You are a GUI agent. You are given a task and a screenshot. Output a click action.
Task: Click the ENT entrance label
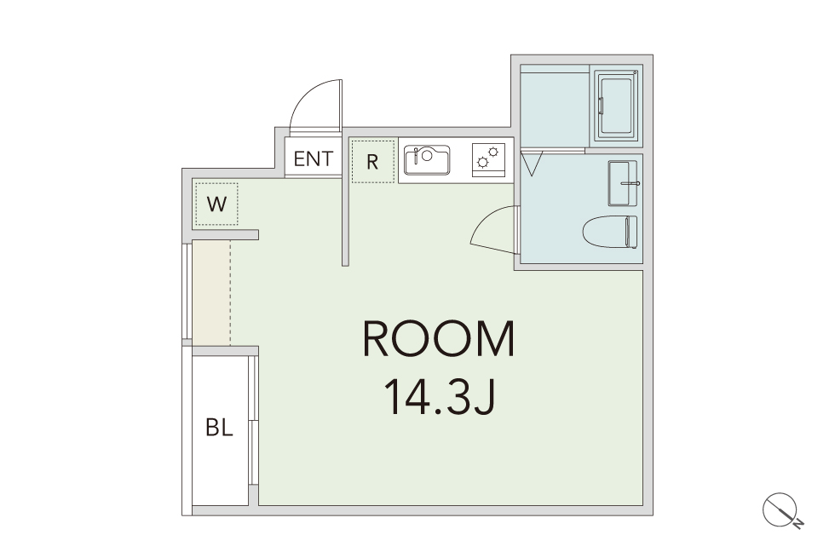(314, 158)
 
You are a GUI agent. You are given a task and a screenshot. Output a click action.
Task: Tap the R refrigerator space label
(372, 162)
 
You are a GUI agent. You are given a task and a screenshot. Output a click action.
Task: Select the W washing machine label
(216, 204)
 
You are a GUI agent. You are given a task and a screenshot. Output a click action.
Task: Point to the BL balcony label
(220, 427)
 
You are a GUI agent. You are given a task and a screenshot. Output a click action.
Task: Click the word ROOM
(439, 339)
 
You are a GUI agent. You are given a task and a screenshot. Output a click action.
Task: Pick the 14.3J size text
(440, 397)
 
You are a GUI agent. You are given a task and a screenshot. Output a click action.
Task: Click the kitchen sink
(427, 160)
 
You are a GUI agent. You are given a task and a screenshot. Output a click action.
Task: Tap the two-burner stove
(488, 160)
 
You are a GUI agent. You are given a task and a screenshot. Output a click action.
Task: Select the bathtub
(616, 106)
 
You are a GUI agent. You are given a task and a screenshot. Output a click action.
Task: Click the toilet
(610, 232)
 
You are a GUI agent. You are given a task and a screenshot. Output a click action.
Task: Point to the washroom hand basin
(623, 183)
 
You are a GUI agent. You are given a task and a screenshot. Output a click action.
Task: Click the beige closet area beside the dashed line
(211, 293)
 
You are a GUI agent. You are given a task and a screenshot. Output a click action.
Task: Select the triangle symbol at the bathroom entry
(531, 164)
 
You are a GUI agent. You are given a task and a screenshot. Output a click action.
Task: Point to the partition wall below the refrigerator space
(345, 222)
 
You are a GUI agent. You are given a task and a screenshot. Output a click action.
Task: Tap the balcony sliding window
(254, 421)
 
